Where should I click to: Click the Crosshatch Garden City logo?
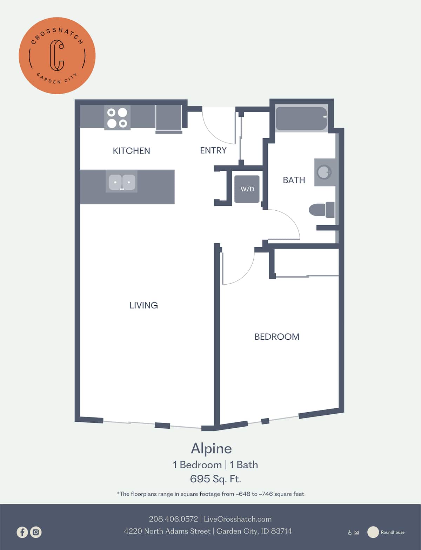(x=57, y=55)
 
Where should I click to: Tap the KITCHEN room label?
(x=131, y=151)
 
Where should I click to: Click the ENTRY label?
(x=213, y=150)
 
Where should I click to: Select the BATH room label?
(x=294, y=180)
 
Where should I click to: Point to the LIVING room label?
(x=143, y=305)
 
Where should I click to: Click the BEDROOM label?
(x=277, y=337)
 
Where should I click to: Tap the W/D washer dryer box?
(x=247, y=189)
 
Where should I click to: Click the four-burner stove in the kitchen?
(x=117, y=118)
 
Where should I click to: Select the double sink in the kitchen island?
(x=122, y=182)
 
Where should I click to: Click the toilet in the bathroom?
(x=321, y=210)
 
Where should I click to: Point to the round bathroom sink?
(x=324, y=172)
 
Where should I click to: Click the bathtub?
(x=301, y=118)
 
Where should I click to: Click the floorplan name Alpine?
(x=211, y=448)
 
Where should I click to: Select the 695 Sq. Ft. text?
(x=215, y=479)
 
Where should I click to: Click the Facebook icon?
(x=22, y=532)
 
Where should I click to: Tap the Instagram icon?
(x=36, y=532)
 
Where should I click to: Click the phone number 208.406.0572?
(x=173, y=519)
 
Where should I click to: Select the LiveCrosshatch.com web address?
(x=238, y=519)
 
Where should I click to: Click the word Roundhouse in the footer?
(x=393, y=532)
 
